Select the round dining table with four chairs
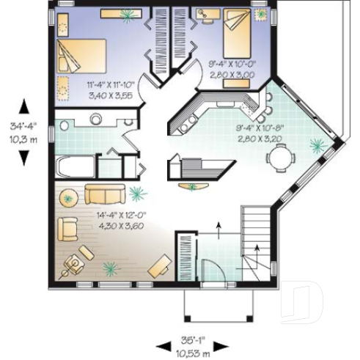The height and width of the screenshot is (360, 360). click(281, 156)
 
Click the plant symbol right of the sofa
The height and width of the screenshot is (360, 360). click(136, 194)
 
